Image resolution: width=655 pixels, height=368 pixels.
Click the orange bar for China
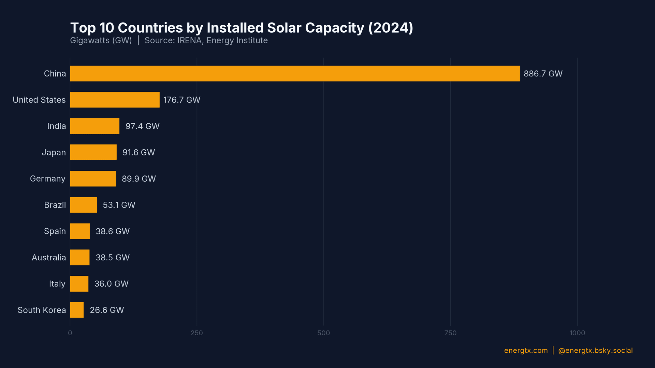(295, 74)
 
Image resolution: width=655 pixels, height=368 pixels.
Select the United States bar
(115, 100)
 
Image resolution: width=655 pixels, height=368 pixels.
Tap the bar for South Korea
(77, 310)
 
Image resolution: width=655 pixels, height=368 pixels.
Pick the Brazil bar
(83, 205)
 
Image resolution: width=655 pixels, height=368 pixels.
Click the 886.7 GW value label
(543, 74)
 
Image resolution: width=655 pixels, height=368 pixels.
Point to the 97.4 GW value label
(142, 126)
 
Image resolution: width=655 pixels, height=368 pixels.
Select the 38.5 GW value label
(113, 258)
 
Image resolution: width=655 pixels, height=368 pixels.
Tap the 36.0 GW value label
(111, 284)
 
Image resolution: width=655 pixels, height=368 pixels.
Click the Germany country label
(47, 179)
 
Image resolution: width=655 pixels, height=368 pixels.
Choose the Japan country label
(54, 152)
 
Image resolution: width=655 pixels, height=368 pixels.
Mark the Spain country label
(55, 231)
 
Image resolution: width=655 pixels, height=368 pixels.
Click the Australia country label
(49, 258)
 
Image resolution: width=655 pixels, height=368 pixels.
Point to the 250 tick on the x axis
(197, 333)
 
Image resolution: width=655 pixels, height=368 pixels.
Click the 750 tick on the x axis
(450, 333)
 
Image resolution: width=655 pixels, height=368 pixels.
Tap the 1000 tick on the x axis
(577, 333)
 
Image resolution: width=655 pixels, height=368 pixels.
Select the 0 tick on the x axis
(70, 333)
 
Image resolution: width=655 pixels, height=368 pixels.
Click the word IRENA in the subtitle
(189, 40)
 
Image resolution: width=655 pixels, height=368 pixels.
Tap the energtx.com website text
(526, 351)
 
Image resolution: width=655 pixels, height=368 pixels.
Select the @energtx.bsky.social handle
(595, 351)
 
